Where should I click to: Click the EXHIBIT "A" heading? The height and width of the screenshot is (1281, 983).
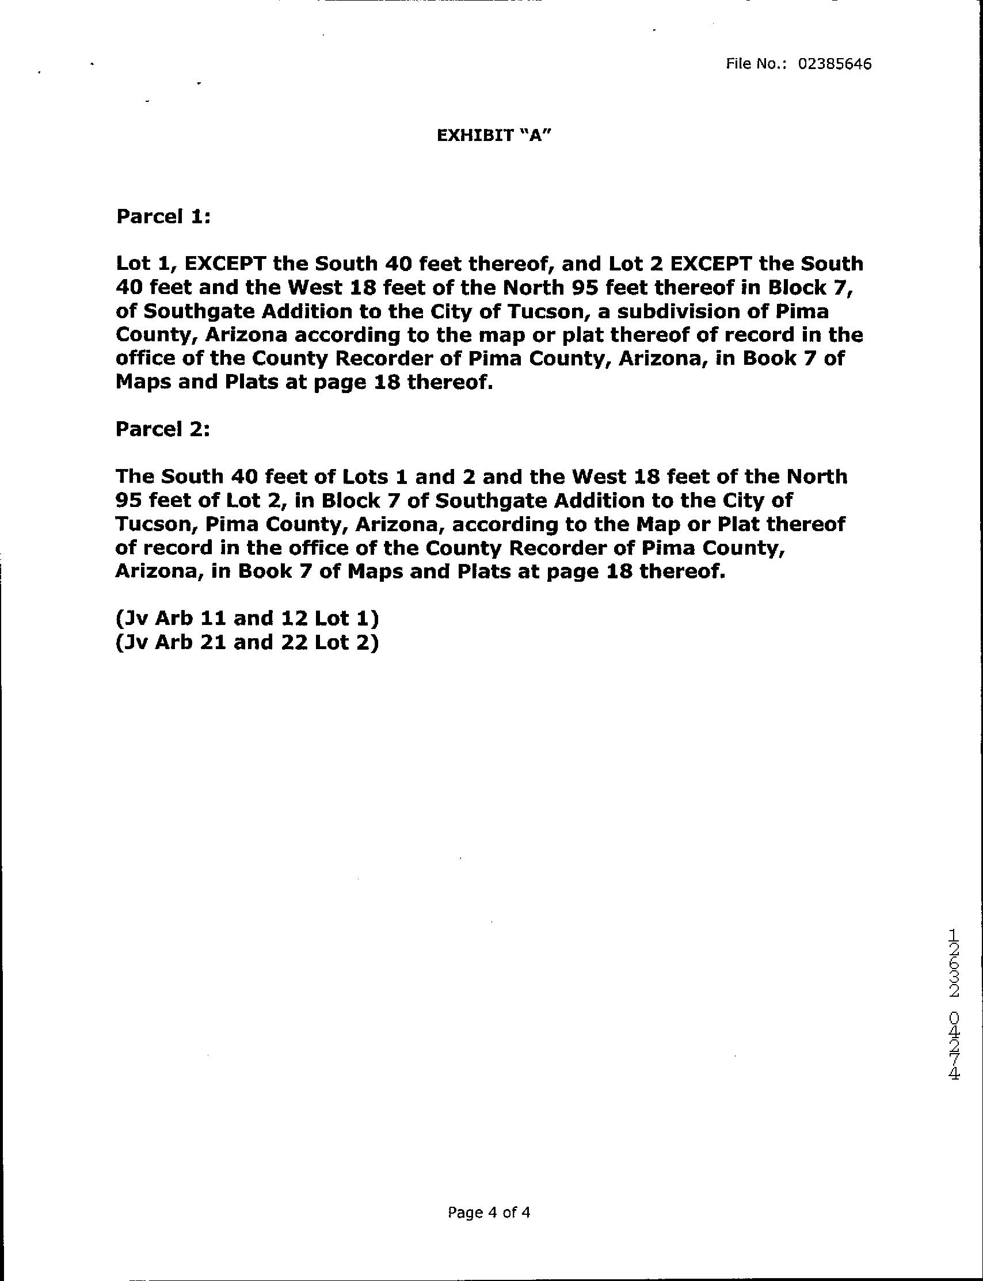pyautogui.click(x=494, y=136)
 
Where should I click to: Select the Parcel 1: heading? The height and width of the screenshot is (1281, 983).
pyautogui.click(x=163, y=216)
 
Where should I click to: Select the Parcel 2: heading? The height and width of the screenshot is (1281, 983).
pyautogui.click(x=162, y=429)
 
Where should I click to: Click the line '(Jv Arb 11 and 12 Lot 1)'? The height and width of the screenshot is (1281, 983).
pyautogui.click(x=247, y=618)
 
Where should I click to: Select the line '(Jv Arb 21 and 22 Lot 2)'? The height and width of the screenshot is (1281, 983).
pyautogui.click(x=247, y=642)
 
